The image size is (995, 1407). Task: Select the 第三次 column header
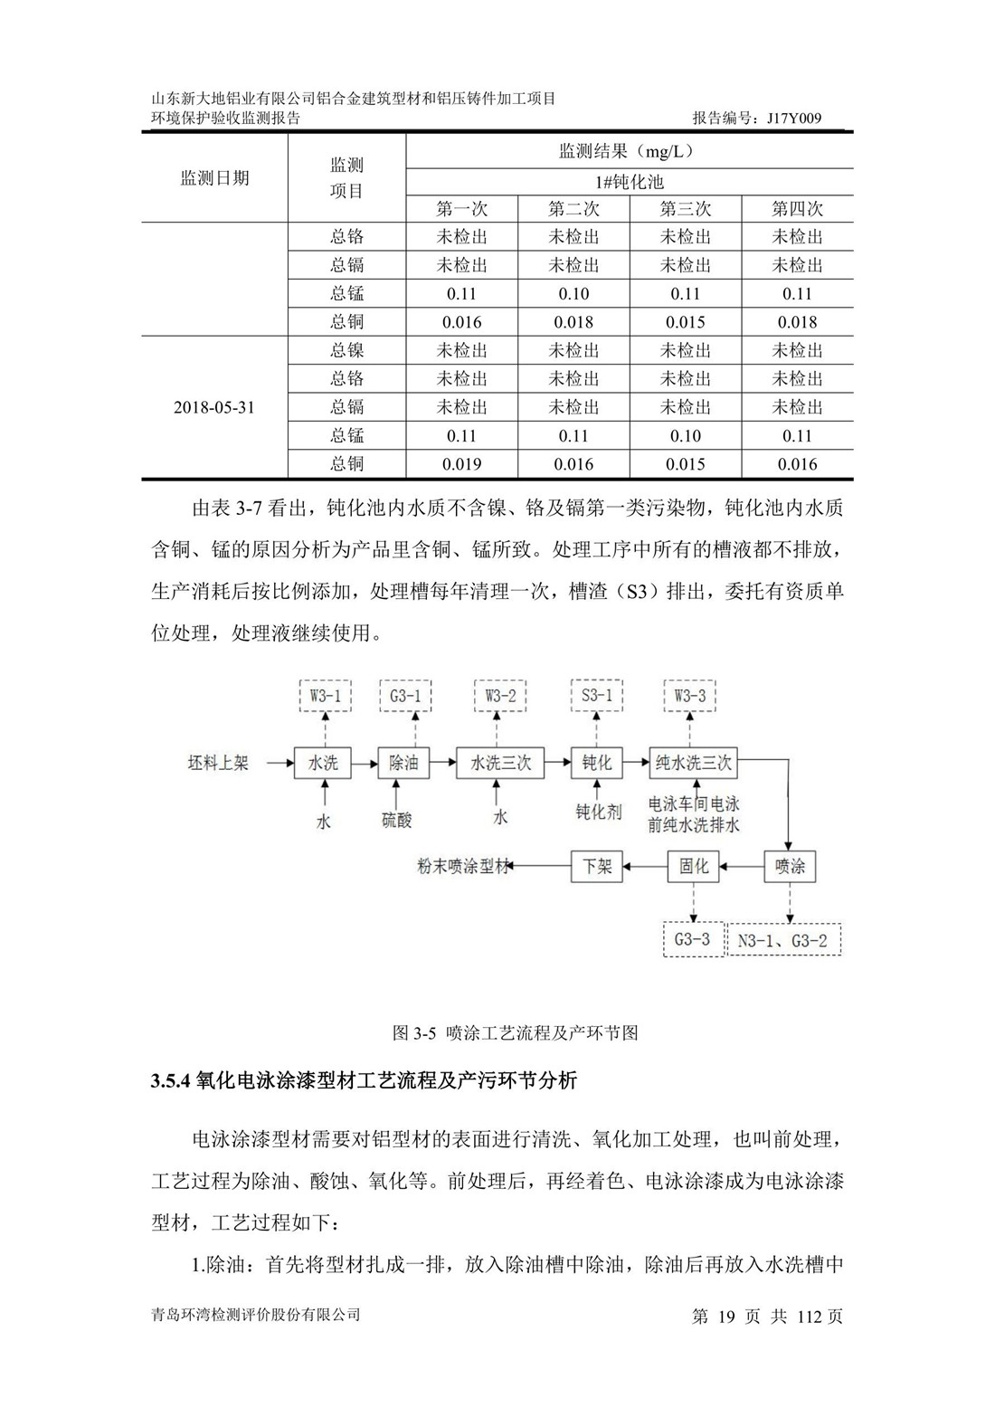tap(685, 209)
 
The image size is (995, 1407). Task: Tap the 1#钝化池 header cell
tap(629, 182)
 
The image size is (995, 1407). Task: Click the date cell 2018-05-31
tap(214, 407)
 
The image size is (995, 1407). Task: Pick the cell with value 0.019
tap(461, 464)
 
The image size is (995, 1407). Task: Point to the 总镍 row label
tap(346, 350)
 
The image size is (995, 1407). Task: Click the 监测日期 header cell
tap(214, 178)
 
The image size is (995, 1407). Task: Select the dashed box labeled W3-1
tap(325, 696)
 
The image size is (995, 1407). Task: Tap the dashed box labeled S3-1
tap(596, 696)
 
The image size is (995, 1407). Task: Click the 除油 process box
tap(403, 763)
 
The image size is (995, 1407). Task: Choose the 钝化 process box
tap(596, 763)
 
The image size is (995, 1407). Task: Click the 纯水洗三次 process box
tap(693, 763)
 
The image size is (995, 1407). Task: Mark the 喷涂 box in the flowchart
tap(790, 866)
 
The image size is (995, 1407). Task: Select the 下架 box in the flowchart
tap(596, 866)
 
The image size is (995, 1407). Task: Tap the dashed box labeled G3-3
tap(692, 939)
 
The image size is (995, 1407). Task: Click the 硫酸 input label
tap(396, 820)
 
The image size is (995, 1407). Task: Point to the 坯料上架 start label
tap(218, 763)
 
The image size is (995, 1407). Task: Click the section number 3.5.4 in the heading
tap(169, 1080)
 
